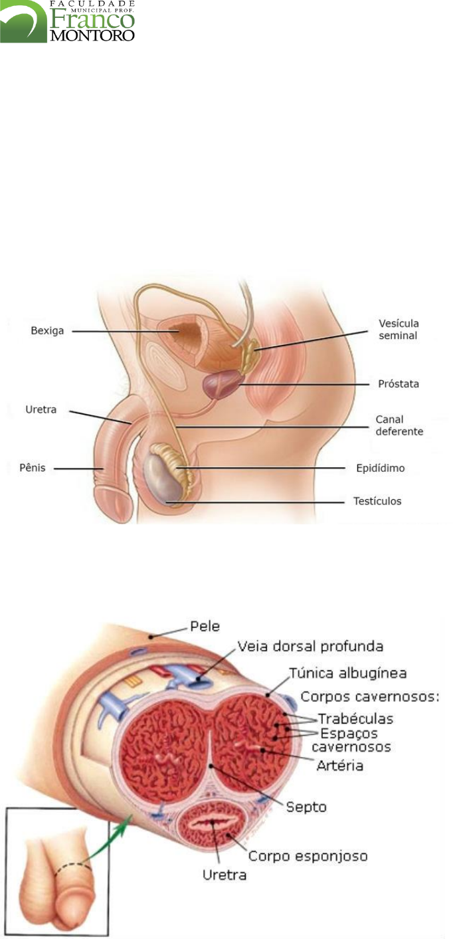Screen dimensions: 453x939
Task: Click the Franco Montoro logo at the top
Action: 68,21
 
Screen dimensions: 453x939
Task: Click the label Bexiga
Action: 48,330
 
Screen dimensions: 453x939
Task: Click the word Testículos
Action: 377,500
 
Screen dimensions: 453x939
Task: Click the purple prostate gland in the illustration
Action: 220,384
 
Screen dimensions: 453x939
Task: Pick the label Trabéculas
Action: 355,719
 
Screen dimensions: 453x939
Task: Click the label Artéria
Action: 339,766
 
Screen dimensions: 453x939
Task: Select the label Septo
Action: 306,807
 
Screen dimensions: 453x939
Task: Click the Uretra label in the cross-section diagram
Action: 224,875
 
